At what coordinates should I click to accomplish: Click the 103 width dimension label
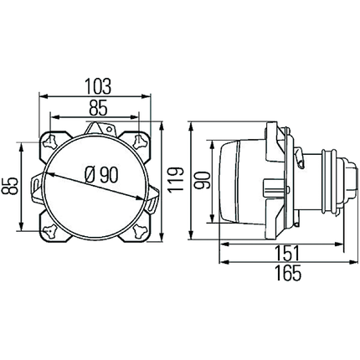coord(98,86)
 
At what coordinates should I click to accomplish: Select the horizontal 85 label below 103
coord(98,107)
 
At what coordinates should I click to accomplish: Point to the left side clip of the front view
coord(38,184)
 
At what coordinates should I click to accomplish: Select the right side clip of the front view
coord(158,199)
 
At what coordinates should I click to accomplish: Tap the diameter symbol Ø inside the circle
coord(90,176)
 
